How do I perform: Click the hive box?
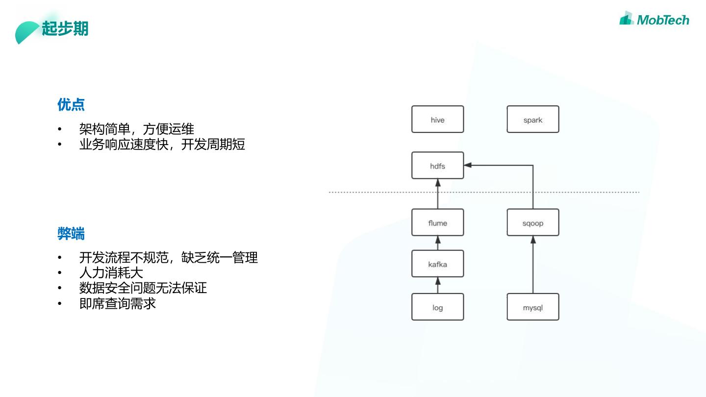click(x=437, y=119)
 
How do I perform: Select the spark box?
click(x=532, y=119)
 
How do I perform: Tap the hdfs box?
click(x=437, y=166)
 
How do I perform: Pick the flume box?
click(x=437, y=223)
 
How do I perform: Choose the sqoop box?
click(x=532, y=223)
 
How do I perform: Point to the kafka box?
click(x=437, y=264)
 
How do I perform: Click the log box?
click(x=437, y=307)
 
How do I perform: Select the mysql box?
click(x=532, y=307)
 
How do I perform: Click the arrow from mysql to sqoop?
click(x=533, y=265)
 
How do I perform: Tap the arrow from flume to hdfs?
click(x=438, y=194)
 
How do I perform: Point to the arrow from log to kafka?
click(x=438, y=285)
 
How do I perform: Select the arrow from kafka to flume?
click(x=438, y=243)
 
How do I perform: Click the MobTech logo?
click(x=654, y=19)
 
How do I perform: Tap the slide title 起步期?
click(x=65, y=28)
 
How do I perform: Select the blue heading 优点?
click(x=71, y=104)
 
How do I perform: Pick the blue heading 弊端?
click(x=71, y=234)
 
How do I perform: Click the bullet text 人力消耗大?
click(x=111, y=272)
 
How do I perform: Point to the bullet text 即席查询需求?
click(x=117, y=303)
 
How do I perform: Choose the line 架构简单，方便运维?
click(x=136, y=129)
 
